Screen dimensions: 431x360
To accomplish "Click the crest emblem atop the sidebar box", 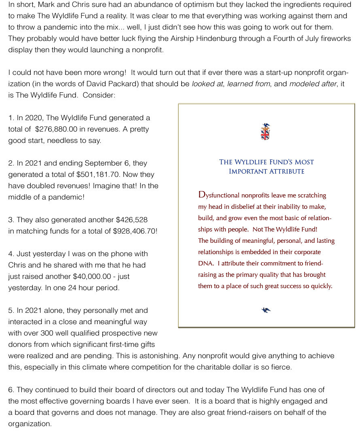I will (265, 132).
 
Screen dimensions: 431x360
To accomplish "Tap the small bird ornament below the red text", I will (266, 310).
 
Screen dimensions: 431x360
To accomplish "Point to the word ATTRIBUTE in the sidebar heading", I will (286, 171).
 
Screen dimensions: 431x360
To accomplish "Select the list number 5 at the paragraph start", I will (11, 310).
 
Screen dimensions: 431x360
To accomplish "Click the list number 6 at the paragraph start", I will (11, 390).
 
